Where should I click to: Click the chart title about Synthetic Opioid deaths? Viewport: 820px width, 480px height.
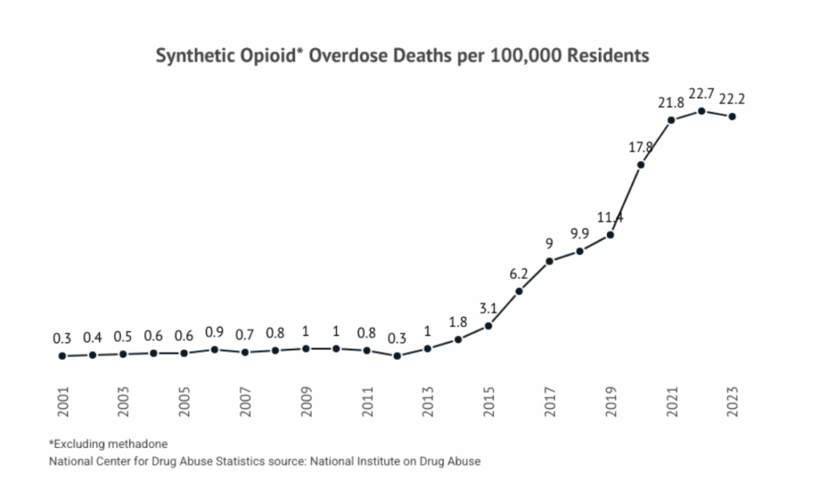point(401,57)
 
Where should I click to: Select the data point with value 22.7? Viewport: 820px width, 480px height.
point(701,110)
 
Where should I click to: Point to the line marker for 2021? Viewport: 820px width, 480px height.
point(671,120)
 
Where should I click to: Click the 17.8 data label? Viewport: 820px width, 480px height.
point(641,146)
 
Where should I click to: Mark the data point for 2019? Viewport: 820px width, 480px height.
point(610,234)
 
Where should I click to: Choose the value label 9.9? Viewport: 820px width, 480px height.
point(580,233)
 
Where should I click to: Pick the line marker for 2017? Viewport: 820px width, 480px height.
point(549,262)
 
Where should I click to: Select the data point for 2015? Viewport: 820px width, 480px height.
point(488,326)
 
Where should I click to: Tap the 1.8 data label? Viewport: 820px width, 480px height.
point(458,322)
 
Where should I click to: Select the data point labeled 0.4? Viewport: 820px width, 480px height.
point(93,354)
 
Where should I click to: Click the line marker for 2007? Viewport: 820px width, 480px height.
point(245,352)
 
